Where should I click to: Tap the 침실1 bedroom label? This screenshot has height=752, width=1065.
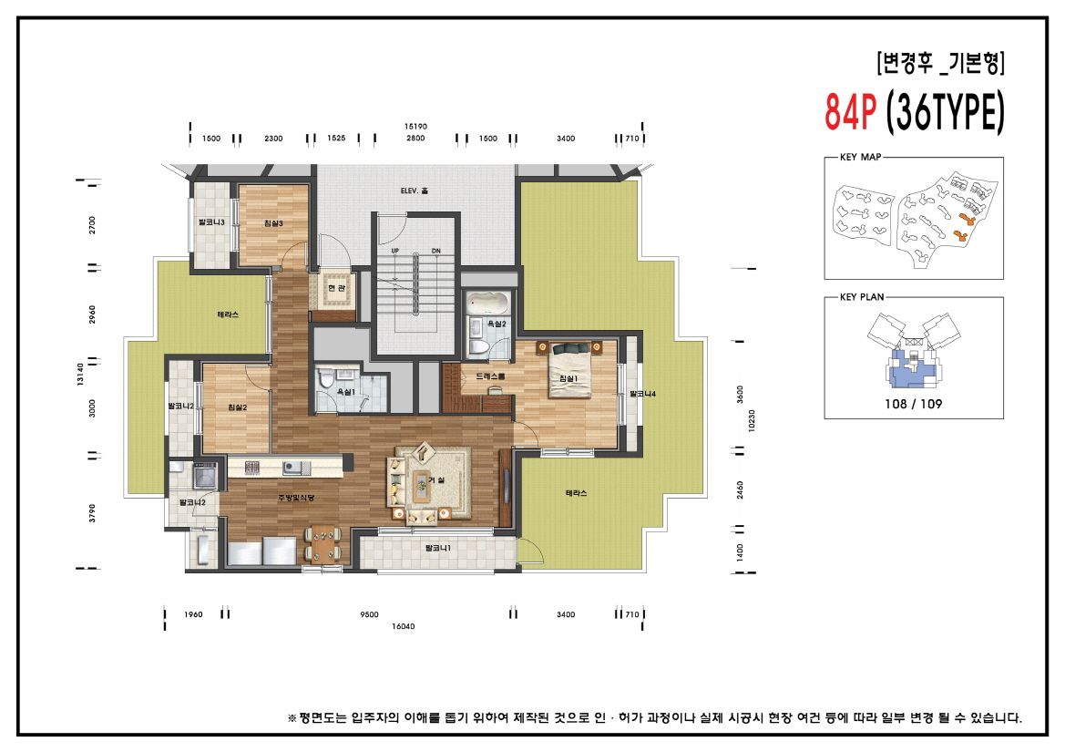[568, 378]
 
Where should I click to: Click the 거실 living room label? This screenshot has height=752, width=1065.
[435, 479]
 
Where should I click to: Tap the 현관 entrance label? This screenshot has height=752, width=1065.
[335, 289]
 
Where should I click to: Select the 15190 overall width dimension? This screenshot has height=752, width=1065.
[415, 126]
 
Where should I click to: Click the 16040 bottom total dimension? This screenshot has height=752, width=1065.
[403, 626]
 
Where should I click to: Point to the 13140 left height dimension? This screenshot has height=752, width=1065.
[82, 375]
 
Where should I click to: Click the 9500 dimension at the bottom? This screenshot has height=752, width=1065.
[369, 614]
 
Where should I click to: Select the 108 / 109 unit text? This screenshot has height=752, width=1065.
[914, 404]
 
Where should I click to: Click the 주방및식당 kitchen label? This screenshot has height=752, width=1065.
[296, 498]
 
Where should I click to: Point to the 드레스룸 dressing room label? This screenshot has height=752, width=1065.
[490, 376]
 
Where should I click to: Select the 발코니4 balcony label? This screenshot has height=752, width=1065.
[642, 394]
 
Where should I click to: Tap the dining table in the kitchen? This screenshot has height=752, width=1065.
[323, 544]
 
